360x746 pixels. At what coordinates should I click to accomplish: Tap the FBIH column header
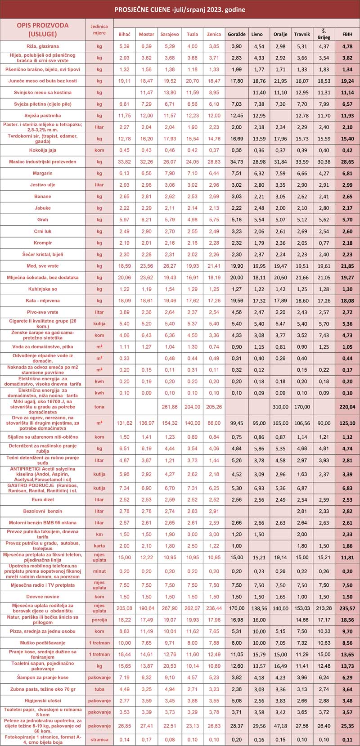[x=347, y=34]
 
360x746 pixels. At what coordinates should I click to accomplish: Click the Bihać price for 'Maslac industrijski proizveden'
[x=124, y=162]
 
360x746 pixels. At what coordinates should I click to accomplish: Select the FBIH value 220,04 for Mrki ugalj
[x=347, y=407]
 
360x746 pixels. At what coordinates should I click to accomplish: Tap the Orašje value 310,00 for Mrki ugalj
[x=280, y=407]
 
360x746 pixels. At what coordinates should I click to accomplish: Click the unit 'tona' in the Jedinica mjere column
[x=99, y=407]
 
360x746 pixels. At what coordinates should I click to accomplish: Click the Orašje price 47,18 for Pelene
[x=280, y=725]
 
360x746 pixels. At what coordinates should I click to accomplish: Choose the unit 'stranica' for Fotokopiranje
[x=99, y=739]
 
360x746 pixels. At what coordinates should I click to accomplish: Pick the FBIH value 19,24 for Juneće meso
[x=347, y=81]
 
